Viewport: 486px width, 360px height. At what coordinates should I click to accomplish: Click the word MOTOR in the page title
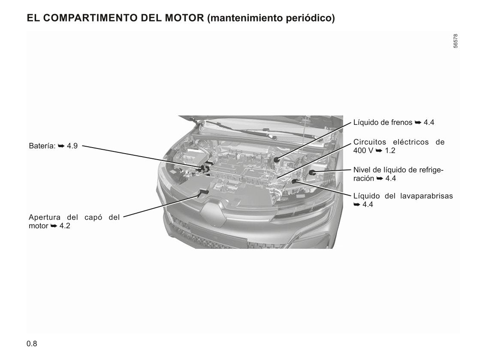184,18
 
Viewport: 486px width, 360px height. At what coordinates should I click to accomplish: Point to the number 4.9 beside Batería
72,146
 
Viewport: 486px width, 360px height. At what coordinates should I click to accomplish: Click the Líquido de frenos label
383,122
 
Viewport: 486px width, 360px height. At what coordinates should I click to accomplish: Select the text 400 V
363,151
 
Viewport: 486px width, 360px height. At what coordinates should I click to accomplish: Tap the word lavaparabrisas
426,196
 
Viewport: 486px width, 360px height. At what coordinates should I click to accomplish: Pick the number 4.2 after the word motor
65,226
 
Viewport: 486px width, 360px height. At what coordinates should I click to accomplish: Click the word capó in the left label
93,218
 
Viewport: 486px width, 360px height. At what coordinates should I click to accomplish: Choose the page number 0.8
32,344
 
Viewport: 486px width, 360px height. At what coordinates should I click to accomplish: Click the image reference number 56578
455,41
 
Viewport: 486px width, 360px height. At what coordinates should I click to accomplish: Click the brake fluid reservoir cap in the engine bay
277,160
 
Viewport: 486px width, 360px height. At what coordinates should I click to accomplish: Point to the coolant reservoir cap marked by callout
312,172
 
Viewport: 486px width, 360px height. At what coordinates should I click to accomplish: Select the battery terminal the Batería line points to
204,169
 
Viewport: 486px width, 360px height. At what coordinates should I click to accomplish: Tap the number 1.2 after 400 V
390,151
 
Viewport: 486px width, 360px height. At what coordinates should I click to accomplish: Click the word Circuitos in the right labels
370,142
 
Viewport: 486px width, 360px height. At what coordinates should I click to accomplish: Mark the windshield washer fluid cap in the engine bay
294,181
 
